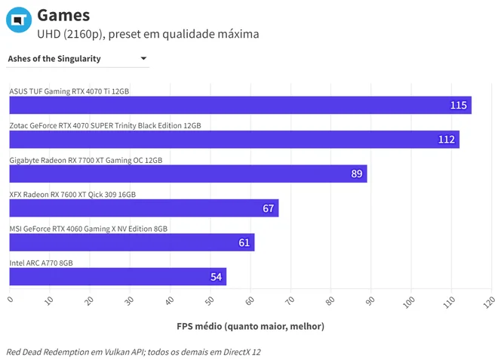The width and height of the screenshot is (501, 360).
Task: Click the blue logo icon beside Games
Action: (x=19, y=20)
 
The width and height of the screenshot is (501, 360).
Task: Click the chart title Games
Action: (x=63, y=15)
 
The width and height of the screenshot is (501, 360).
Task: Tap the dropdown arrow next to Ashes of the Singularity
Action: (x=143, y=58)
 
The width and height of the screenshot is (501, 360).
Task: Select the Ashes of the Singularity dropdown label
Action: (x=54, y=59)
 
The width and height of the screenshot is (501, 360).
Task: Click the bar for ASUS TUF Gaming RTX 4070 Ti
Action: (x=240, y=105)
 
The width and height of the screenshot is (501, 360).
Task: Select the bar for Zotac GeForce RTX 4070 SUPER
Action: (x=234, y=140)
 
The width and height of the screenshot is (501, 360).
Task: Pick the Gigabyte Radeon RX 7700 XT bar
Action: (x=188, y=174)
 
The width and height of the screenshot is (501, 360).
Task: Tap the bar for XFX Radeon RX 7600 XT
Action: (x=144, y=208)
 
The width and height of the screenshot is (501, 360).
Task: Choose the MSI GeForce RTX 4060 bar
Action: (x=132, y=242)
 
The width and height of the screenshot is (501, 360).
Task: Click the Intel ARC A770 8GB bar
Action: (x=118, y=276)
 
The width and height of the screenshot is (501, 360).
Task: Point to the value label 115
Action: (x=459, y=105)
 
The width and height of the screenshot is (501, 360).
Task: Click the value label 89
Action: (x=357, y=174)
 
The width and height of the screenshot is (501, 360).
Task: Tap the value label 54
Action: (x=216, y=276)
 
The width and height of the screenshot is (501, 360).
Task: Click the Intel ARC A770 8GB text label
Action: (x=41, y=263)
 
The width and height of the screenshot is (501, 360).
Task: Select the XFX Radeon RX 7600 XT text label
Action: (x=72, y=195)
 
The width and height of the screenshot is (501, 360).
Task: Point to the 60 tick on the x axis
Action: (x=250, y=300)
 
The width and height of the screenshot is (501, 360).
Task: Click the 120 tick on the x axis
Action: (x=489, y=302)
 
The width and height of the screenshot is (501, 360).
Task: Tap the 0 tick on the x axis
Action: (x=11, y=300)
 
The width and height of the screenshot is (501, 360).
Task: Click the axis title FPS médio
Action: (x=250, y=326)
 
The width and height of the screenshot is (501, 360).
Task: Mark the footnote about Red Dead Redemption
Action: (x=134, y=352)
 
